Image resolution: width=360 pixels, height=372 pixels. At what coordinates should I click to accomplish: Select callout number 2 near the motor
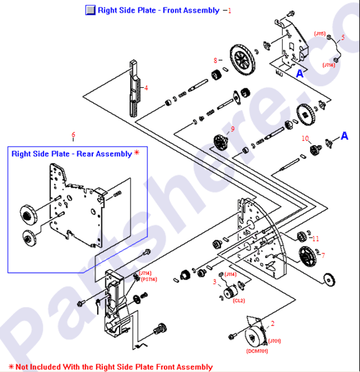pos(272,323)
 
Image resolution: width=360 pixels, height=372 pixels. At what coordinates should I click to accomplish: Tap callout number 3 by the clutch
pos(214,282)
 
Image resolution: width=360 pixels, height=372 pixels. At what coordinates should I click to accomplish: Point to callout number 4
pos(146,87)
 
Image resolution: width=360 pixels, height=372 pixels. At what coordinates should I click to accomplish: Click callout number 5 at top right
pos(343,37)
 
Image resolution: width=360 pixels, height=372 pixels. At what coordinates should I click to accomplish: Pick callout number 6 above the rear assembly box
pos(73,134)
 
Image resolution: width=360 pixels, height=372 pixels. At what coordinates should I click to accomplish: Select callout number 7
pos(323,255)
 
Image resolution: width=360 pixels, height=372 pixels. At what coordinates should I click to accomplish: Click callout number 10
pos(305,137)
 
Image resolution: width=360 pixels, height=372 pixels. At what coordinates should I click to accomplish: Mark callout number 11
pos(316,239)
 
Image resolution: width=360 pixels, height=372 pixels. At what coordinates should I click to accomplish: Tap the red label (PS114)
pos(148,279)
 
